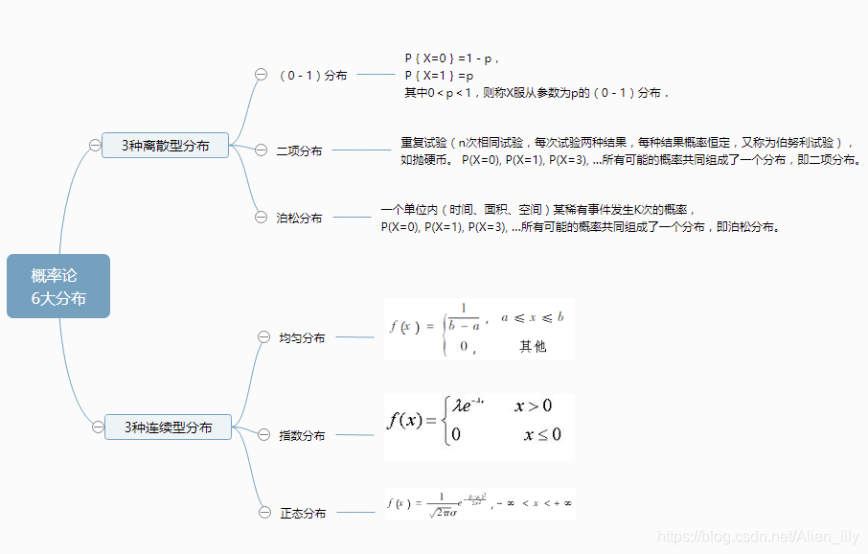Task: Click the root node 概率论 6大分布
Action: pyautogui.click(x=58, y=287)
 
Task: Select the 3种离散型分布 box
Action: pyautogui.click(x=165, y=146)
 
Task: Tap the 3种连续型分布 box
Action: pyautogui.click(x=168, y=427)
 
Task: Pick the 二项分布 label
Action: pyautogui.click(x=299, y=150)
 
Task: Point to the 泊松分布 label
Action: pyautogui.click(x=299, y=218)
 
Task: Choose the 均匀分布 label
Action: pyautogui.click(x=302, y=338)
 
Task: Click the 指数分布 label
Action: pyautogui.click(x=302, y=435)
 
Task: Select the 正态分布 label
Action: pyautogui.click(x=303, y=514)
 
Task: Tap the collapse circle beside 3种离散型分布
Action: pyautogui.click(x=94, y=146)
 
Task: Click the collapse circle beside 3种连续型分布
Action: pyautogui.click(x=97, y=427)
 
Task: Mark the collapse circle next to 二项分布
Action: pyautogui.click(x=261, y=150)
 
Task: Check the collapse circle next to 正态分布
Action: pyautogui.click(x=264, y=513)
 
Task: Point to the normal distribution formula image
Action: pyautogui.click(x=479, y=503)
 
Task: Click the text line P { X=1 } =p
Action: pyautogui.click(x=440, y=75)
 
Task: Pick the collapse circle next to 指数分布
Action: pyautogui.click(x=264, y=434)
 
